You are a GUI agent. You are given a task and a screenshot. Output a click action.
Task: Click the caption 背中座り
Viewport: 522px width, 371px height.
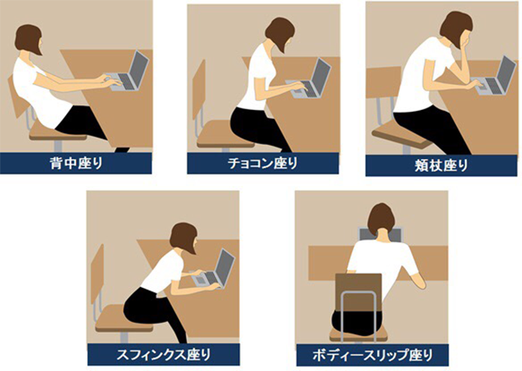(76, 163)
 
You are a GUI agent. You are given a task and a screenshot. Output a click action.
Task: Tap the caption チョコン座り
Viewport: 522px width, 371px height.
(263, 163)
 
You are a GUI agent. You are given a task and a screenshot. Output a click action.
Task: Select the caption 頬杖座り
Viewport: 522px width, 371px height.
(441, 166)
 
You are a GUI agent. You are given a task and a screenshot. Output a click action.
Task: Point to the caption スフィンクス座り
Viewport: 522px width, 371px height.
(163, 355)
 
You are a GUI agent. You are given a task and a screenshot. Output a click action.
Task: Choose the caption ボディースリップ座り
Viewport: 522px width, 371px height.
(373, 355)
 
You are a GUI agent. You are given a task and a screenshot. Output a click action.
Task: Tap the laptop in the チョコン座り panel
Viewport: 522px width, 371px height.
(310, 81)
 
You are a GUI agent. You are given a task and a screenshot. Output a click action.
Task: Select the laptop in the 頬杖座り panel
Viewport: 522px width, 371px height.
(494, 77)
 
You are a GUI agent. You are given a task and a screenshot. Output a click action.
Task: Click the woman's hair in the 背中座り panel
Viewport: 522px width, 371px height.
(28, 38)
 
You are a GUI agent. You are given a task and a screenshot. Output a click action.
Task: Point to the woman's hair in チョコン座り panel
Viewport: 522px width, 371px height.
(279, 33)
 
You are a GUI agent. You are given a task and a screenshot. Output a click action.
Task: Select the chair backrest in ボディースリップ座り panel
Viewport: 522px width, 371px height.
(358, 293)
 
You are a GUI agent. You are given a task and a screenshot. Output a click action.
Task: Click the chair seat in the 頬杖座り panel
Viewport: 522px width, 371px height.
(402, 136)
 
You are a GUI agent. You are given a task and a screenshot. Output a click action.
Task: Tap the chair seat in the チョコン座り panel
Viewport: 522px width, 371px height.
(225, 135)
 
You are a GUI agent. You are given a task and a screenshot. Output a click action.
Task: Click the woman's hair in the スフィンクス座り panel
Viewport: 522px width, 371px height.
(183, 238)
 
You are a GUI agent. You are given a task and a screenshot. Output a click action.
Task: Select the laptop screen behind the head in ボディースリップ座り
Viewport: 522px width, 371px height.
(381, 234)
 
